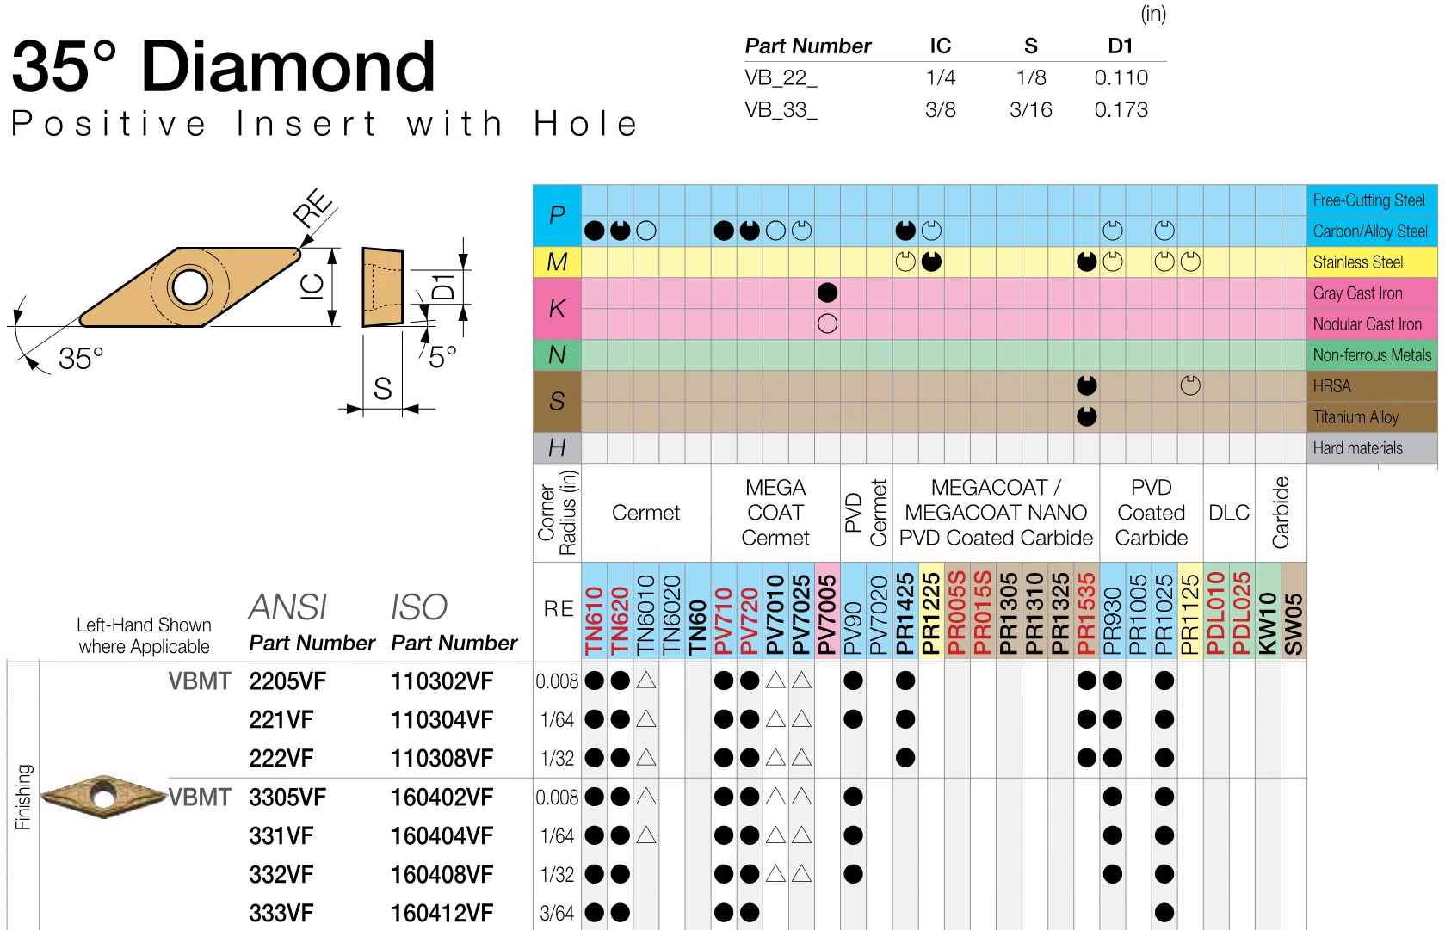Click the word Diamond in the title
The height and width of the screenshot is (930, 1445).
[288, 67]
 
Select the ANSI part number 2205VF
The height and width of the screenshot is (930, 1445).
[287, 681]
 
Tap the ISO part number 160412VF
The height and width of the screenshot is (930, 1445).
[442, 913]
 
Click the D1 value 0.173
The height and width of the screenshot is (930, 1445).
[1121, 110]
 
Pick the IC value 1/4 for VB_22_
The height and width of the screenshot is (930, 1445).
[940, 77]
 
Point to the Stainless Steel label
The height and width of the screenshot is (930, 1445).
[1357, 262]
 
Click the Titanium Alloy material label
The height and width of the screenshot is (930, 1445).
[1355, 417]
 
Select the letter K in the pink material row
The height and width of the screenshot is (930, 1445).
[557, 308]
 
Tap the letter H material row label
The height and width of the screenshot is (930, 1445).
[557, 447]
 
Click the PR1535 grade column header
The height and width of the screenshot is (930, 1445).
[1087, 613]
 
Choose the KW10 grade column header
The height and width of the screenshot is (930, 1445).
[1268, 623]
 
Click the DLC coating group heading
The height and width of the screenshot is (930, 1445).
[1228, 513]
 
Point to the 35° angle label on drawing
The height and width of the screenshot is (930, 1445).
[81, 358]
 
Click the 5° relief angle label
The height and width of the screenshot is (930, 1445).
[442, 356]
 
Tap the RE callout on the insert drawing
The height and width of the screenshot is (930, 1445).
[313, 207]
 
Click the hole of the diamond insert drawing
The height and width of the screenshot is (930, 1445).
[190, 286]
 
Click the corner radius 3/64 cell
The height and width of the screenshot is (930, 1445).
[557, 913]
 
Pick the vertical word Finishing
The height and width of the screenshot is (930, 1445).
[23, 797]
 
